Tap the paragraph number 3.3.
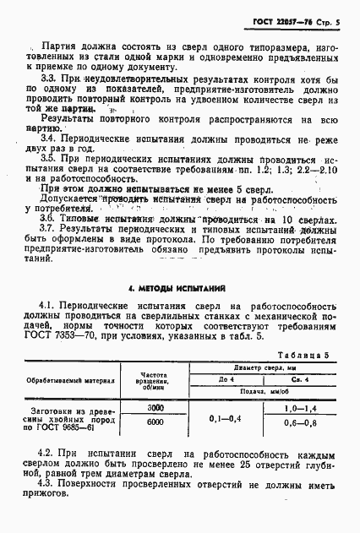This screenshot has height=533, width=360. click(x=49, y=76)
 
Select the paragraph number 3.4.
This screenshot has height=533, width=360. click(x=49, y=137)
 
